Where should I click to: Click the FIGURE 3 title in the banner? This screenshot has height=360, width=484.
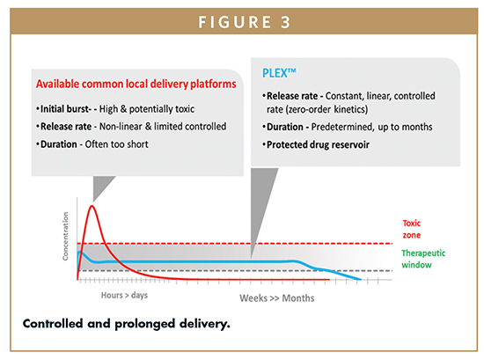[x=244, y=22]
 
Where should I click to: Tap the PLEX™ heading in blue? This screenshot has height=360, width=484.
[x=279, y=73]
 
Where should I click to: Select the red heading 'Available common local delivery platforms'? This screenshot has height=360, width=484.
[x=136, y=84]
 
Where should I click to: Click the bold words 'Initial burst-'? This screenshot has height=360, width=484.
[x=66, y=109]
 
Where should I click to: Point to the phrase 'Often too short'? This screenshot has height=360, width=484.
[x=117, y=144]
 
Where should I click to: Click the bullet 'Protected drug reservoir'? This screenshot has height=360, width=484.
[x=318, y=145]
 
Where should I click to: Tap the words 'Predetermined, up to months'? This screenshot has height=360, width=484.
[x=371, y=127]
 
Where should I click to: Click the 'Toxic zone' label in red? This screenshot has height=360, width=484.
[x=412, y=229]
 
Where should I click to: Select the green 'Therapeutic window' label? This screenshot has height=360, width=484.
[x=423, y=259]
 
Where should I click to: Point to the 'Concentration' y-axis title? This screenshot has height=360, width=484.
[x=65, y=236]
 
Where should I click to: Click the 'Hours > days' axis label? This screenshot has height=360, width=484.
[x=124, y=295]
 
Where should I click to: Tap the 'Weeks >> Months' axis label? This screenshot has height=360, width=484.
[x=277, y=298]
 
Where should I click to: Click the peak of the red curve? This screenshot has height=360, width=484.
[x=92, y=206]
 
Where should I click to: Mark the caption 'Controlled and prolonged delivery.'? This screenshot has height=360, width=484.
[x=126, y=324]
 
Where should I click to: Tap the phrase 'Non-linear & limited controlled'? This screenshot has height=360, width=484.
[x=163, y=127]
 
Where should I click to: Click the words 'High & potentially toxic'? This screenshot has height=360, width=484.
[x=147, y=109]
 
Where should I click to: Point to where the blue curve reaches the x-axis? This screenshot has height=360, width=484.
[x=360, y=279]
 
